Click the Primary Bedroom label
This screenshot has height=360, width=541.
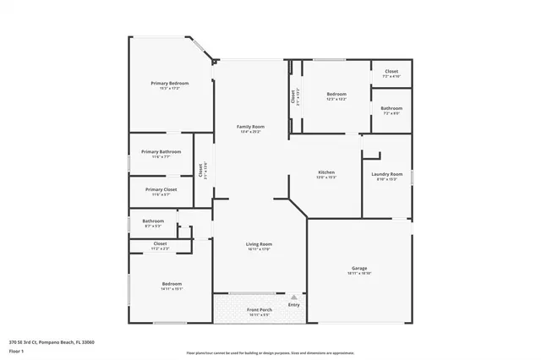[170, 83]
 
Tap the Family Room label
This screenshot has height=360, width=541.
[251, 127]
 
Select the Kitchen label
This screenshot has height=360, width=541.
[326, 172]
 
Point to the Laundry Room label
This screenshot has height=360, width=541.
[387, 174]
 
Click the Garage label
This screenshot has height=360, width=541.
[359, 268]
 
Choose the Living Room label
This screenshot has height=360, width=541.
[259, 244]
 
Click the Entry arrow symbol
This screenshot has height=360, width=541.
[293, 297]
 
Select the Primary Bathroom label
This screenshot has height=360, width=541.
[161, 151]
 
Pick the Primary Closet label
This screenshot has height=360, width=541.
[161, 189]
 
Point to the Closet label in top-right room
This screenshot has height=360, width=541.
[391, 71]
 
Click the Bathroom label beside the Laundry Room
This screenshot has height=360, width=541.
[391, 107]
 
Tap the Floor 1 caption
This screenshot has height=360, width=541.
[17, 349]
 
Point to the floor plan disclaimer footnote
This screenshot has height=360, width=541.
[270, 352]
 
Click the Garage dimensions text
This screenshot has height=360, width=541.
[359, 273]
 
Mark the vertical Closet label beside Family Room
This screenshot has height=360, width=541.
[201, 169]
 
